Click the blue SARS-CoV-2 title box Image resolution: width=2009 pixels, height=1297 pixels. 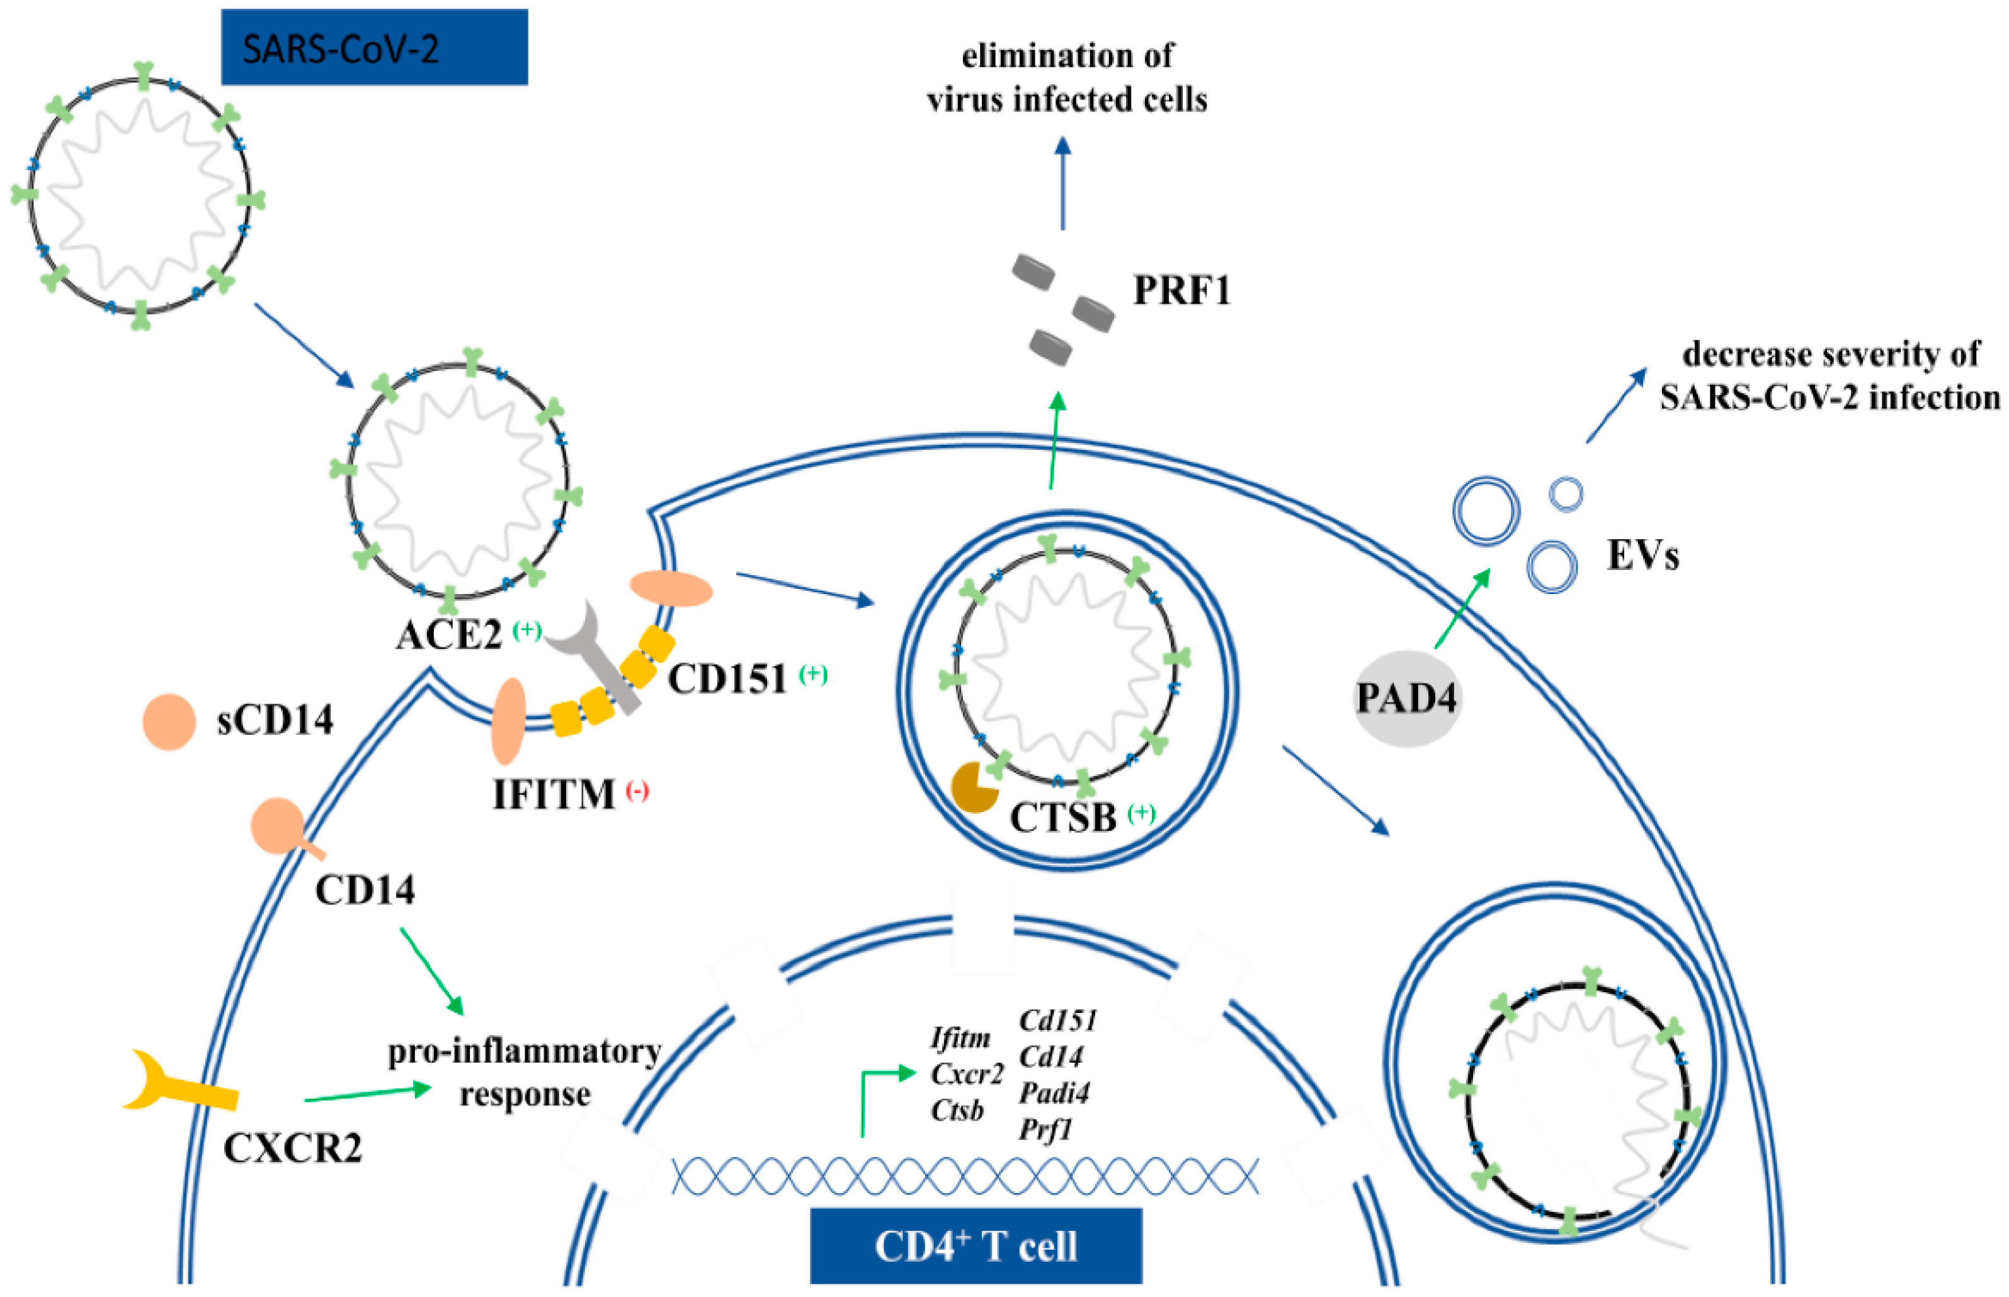point(374,47)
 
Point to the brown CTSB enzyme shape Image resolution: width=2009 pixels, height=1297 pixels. point(972,787)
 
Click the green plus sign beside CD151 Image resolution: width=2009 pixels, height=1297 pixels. point(814,674)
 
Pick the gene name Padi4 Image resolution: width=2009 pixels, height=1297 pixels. point(1054,1093)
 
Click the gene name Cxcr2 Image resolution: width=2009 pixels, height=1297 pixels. point(967,1075)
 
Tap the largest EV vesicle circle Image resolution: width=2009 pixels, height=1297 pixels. point(1486,511)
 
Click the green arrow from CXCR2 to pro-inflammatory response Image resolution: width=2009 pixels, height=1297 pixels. point(368,1094)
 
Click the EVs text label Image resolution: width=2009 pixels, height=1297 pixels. point(1642,556)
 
